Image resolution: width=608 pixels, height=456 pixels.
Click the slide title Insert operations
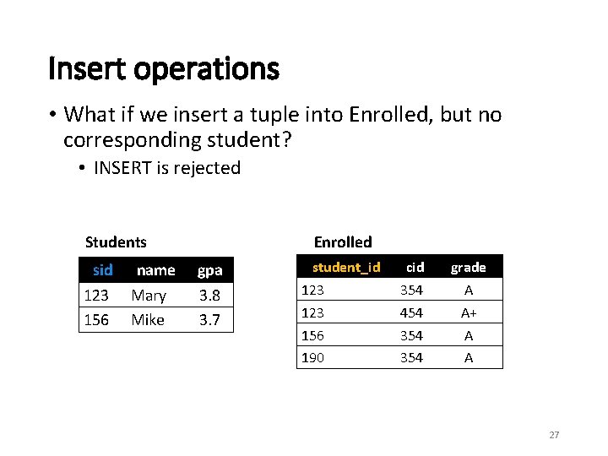coord(163,68)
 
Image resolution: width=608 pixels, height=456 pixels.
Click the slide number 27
coord(554,435)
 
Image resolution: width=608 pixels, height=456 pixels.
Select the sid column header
coord(103,270)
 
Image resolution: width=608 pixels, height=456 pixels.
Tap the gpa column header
coord(209,270)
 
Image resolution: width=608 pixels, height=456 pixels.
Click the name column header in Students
coord(155,270)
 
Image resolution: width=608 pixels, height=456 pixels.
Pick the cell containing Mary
coord(149,296)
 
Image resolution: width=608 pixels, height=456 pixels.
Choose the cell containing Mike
coord(148,319)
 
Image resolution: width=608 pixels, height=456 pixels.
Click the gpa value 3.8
coord(209,296)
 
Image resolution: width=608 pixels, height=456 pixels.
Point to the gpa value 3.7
coord(209,319)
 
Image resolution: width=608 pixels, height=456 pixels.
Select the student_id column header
coord(346,267)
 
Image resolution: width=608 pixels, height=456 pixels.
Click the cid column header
coord(415,267)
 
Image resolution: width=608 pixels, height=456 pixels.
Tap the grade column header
coord(468,267)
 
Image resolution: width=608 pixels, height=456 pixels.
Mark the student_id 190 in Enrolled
coord(312,357)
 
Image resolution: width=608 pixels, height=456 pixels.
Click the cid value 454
coord(411,312)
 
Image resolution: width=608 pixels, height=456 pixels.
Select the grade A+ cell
coord(468,312)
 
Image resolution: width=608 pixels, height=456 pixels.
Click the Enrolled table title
coord(343,242)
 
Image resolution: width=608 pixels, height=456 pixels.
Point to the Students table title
coord(116,242)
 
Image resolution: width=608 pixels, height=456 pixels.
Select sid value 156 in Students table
coord(96,319)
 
